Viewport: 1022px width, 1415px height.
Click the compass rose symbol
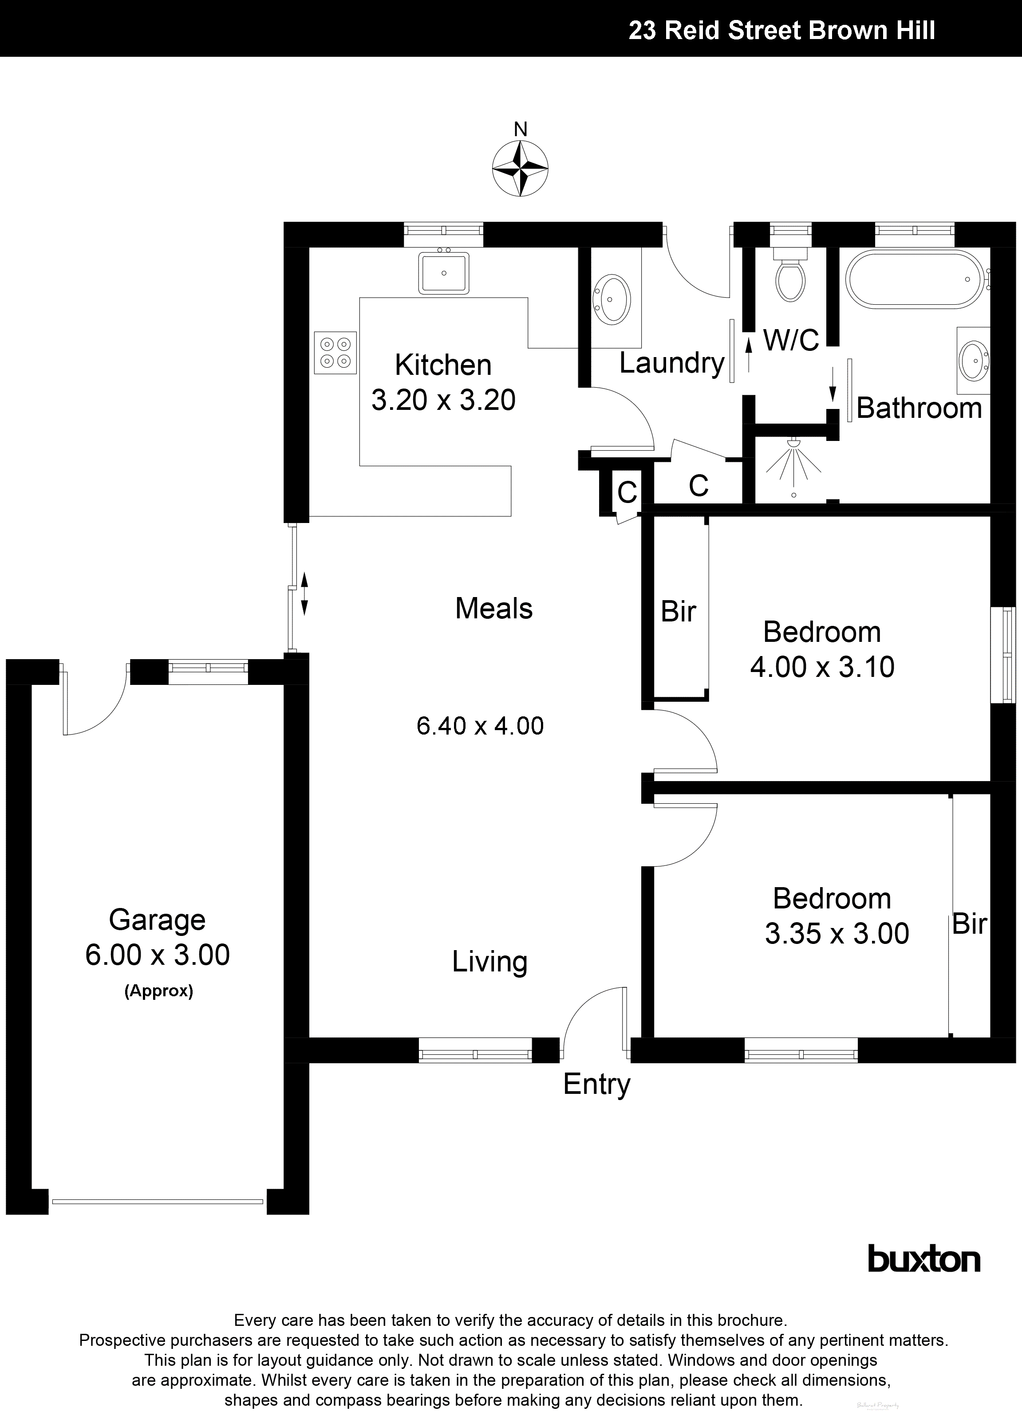pyautogui.click(x=520, y=169)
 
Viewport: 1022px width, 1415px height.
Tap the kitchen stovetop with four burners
pyautogui.click(x=335, y=353)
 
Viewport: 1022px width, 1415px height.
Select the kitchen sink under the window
pyautogui.click(x=444, y=273)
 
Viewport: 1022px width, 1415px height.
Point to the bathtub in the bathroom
pyautogui.click(x=915, y=279)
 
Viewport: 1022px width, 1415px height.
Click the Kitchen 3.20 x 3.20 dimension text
pyautogui.click(x=443, y=400)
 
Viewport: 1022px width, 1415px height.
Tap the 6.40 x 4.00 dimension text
pyautogui.click(x=480, y=726)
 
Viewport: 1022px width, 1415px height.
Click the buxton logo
pyautogui.click(x=924, y=1258)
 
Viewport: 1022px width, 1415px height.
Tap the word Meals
pyautogui.click(x=494, y=608)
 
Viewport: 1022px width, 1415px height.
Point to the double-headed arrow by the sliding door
pyautogui.click(x=305, y=594)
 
